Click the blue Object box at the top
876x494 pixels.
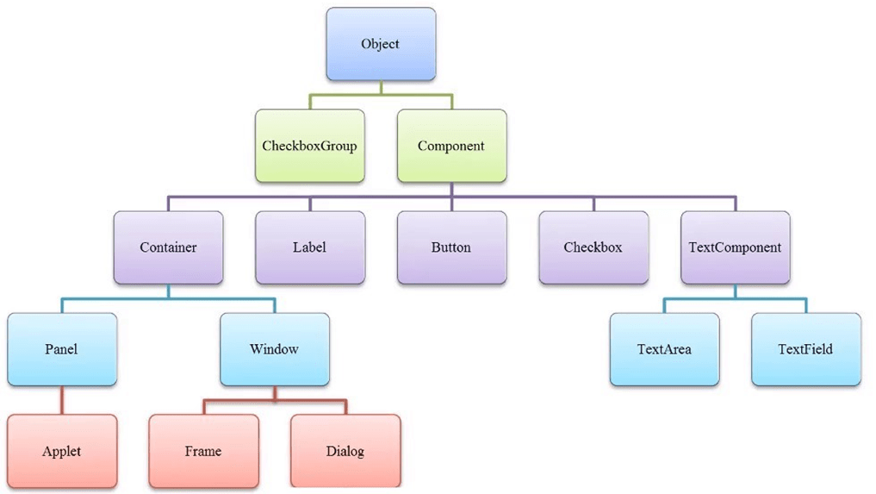click(380, 44)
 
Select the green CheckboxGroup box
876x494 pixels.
click(309, 146)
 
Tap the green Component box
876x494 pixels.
click(451, 146)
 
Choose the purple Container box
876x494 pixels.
click(168, 247)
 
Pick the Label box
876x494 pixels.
click(309, 247)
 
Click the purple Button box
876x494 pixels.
click(451, 247)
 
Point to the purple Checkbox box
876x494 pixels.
click(593, 247)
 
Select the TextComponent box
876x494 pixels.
click(735, 247)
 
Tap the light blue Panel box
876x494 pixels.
click(61, 349)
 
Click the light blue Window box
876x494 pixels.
click(274, 349)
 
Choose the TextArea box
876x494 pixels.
click(664, 349)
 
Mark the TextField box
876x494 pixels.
click(805, 349)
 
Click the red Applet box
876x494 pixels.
click(61, 451)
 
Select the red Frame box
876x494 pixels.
click(203, 451)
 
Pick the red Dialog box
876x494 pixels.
click(345, 451)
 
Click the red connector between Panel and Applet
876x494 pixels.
click(61, 400)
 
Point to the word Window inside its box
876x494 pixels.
click(274, 349)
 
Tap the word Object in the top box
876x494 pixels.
click(380, 44)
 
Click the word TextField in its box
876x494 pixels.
click(805, 349)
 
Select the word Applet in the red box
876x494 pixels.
click(61, 451)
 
